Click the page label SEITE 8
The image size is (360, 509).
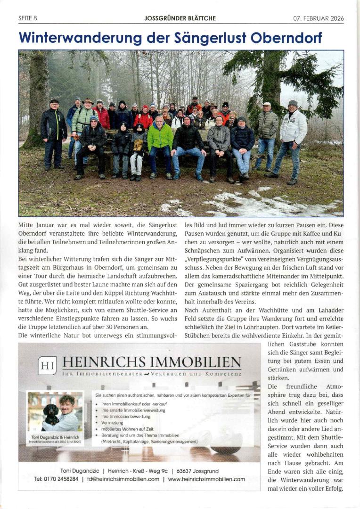(27, 18)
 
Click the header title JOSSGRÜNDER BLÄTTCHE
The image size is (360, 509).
(180, 18)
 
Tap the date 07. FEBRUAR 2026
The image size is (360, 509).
(319, 18)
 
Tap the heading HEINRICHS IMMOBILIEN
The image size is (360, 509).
(151, 362)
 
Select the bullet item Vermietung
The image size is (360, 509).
(113, 423)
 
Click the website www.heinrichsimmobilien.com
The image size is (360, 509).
(206, 479)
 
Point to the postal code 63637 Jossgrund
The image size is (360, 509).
(201, 470)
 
